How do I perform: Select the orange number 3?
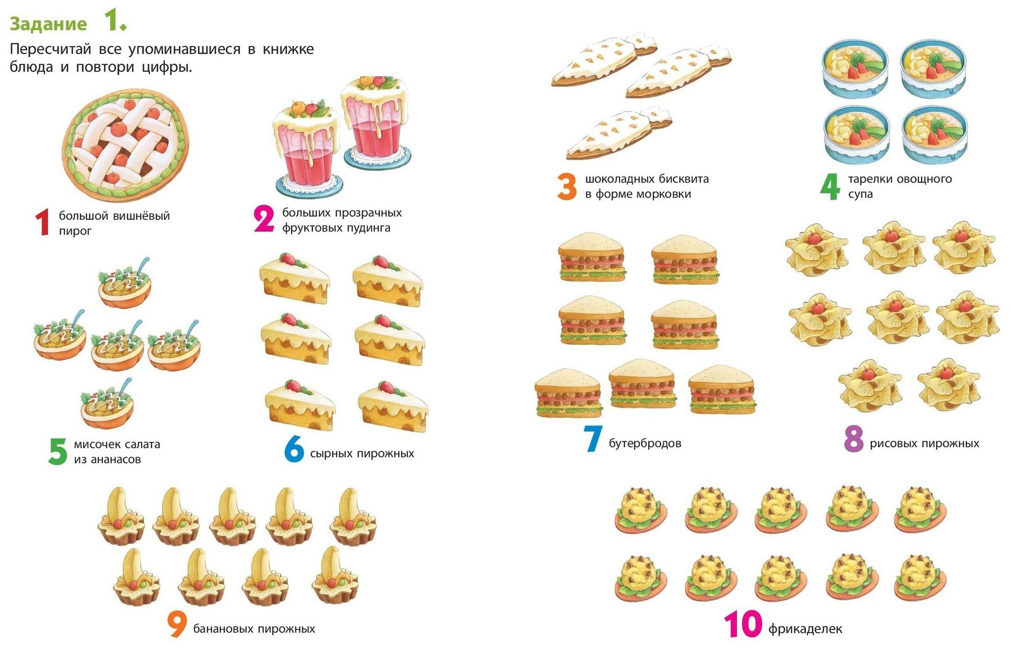pyautogui.click(x=567, y=187)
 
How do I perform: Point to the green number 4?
pyautogui.click(x=830, y=187)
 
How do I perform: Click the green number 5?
pyautogui.click(x=58, y=451)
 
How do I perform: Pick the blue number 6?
pyautogui.click(x=294, y=449)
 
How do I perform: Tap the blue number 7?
pyautogui.click(x=592, y=439)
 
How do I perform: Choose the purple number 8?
pyautogui.click(x=854, y=439)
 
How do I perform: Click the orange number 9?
pyautogui.click(x=177, y=625)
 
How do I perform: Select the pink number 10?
pyautogui.click(x=743, y=624)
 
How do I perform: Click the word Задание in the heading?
pyautogui.click(x=49, y=24)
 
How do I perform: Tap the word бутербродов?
pyautogui.click(x=645, y=444)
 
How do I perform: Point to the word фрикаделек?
pyautogui.click(x=805, y=629)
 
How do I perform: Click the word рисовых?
pyautogui.click(x=891, y=444)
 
